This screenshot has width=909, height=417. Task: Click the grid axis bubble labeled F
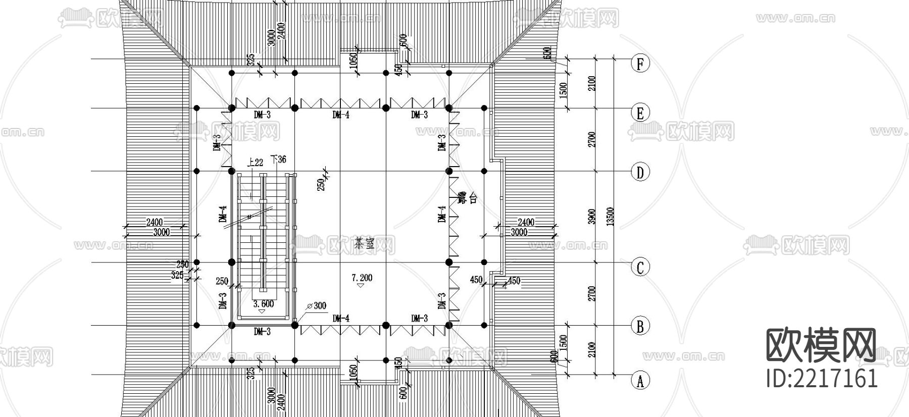[640, 64]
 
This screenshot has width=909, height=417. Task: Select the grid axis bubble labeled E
[640, 113]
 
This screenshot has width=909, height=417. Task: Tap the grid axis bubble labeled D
[640, 173]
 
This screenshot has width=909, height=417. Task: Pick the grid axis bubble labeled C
[640, 267]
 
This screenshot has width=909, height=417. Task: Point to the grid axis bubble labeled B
[640, 327]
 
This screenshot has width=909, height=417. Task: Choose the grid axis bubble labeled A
[640, 380]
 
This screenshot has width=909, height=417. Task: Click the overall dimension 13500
[610, 217]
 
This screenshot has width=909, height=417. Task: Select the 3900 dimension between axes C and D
[592, 217]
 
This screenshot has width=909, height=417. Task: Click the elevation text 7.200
[362, 278]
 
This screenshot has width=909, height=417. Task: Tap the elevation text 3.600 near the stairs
[263, 304]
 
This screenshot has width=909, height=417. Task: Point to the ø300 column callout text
[317, 305]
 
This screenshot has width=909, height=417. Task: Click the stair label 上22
[255, 162]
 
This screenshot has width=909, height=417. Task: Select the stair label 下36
[279, 160]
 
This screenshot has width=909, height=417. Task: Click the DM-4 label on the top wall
[341, 115]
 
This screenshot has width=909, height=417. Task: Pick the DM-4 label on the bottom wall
[341, 319]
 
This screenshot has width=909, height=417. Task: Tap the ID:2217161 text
[822, 378]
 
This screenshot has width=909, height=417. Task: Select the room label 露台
[461, 197]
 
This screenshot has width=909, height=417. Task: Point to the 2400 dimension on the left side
[154, 222]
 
